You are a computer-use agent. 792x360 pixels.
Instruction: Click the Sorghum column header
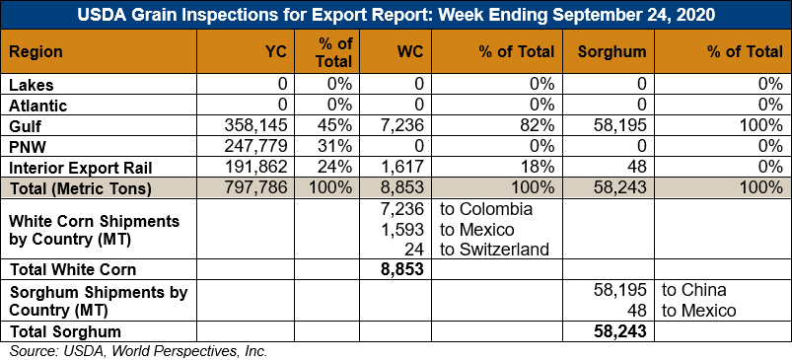point(612,51)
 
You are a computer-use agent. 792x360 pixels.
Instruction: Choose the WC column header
point(409,51)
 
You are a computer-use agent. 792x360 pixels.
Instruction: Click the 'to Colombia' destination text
point(486,209)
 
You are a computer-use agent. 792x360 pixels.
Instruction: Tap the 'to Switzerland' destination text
point(494,250)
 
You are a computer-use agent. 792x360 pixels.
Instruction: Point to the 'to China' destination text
point(694,290)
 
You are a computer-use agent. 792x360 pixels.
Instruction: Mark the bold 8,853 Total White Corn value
point(402,269)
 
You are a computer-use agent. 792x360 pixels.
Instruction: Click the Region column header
point(36,51)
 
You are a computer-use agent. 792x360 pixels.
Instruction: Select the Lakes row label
point(32,84)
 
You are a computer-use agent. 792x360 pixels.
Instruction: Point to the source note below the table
point(138,351)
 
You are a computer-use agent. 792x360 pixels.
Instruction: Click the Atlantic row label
point(37,106)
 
